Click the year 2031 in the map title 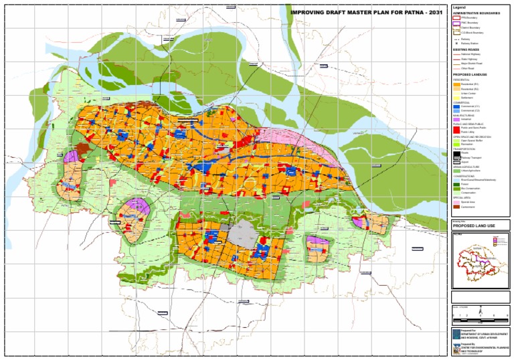[434, 13]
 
